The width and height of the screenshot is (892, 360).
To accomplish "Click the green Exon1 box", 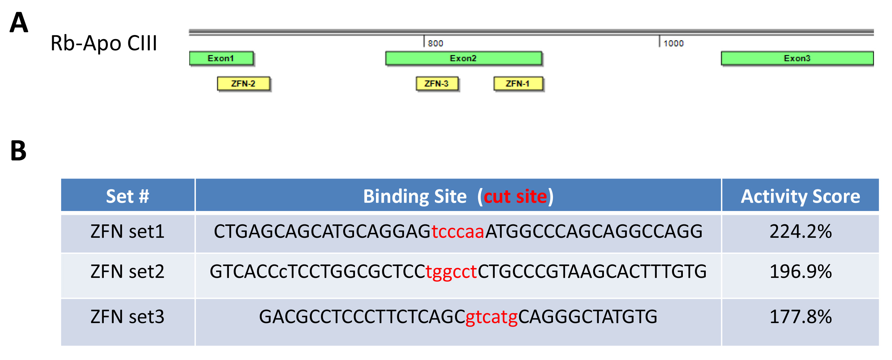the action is pos(221,58).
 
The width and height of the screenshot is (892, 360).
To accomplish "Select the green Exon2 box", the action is pos(463,58).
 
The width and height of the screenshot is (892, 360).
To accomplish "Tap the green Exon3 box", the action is pos(797,58).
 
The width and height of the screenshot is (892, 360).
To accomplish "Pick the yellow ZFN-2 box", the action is pos(244,84).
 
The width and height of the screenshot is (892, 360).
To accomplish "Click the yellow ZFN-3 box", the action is pos(437,84).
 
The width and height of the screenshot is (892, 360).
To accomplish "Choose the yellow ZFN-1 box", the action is pos(518,84).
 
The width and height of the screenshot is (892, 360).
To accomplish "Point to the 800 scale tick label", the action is pos(435,43).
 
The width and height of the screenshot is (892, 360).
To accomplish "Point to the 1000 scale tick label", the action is pos(674,43).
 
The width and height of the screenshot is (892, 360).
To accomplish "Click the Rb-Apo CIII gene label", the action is pos(104,43).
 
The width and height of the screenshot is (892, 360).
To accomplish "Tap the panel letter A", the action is pos(19,23).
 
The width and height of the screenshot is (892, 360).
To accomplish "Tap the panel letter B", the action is pos(18,151).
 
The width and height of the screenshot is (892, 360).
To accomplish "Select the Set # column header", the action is pos(127,196).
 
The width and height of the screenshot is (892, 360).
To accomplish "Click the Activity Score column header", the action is pos(800,196).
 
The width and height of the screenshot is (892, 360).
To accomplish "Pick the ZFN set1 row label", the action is pos(127,231).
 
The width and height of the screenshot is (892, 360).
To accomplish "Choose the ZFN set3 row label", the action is pos(127,316).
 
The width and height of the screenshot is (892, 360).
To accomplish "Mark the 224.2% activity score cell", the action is pos(800,231).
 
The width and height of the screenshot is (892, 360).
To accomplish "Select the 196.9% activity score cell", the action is pos(800,272).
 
